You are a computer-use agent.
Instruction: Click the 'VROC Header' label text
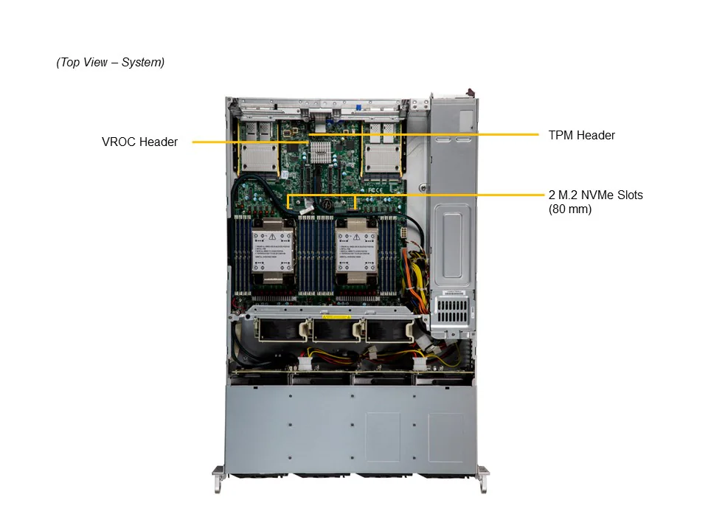pyautogui.click(x=139, y=142)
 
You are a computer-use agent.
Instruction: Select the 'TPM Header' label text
pyautogui.click(x=581, y=135)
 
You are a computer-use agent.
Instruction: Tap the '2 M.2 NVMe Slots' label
pyautogui.click(x=595, y=195)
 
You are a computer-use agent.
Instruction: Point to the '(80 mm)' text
pyautogui.click(x=569, y=209)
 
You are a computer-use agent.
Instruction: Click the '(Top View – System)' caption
pyautogui.click(x=111, y=63)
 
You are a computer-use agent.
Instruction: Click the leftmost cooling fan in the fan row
pyautogui.click(x=277, y=330)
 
